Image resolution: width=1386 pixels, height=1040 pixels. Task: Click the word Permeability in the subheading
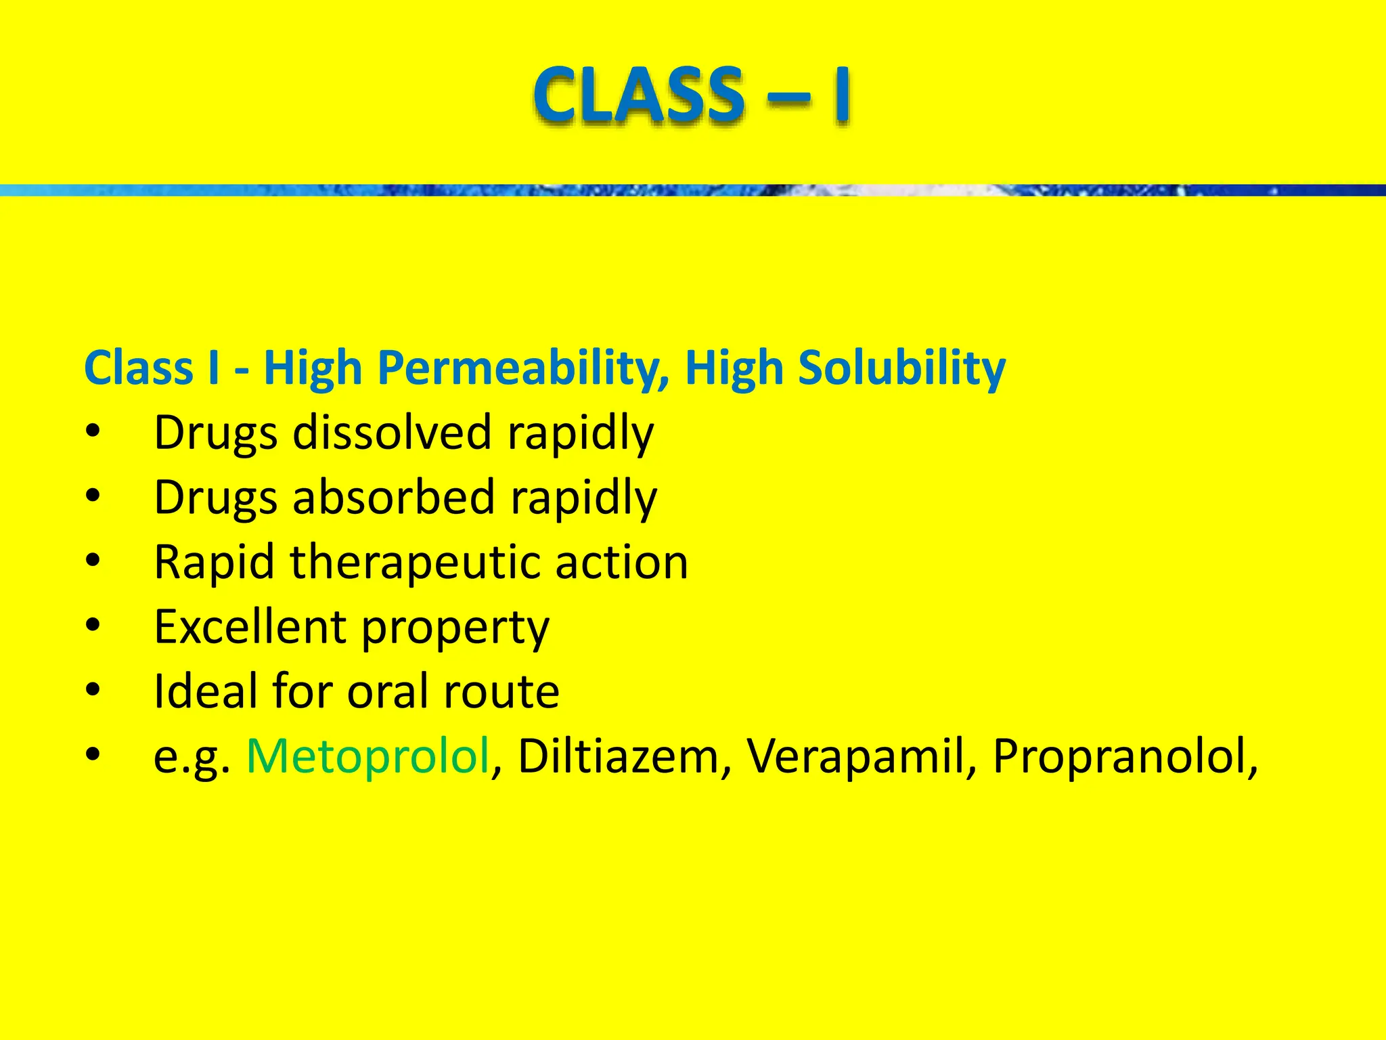(x=522, y=369)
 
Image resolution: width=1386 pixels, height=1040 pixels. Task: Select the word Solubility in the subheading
(x=901, y=369)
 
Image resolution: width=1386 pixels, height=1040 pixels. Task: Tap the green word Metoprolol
(x=368, y=756)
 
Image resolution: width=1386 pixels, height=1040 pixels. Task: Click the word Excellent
(x=250, y=626)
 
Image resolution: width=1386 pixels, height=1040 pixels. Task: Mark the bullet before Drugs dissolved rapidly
(x=93, y=432)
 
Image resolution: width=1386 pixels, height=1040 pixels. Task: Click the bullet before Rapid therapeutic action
(x=93, y=561)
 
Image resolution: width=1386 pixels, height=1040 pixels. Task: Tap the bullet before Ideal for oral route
(x=93, y=691)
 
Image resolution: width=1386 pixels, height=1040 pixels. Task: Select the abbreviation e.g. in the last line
(x=192, y=757)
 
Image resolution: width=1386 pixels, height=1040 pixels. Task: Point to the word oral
(x=388, y=691)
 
